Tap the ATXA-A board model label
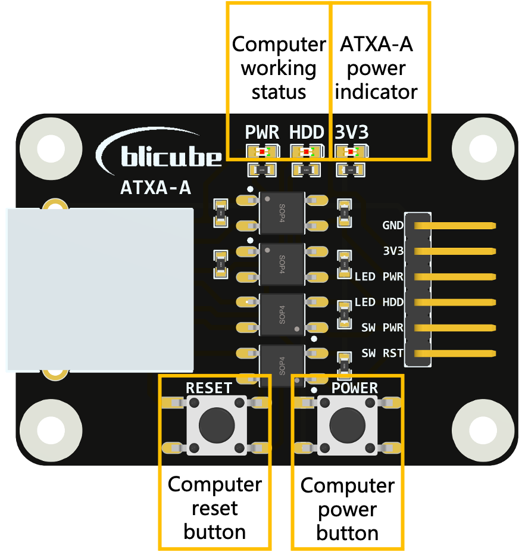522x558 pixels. (x=155, y=188)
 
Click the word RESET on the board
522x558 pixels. (x=209, y=388)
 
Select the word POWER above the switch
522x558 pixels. (x=355, y=388)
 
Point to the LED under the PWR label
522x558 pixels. (x=262, y=152)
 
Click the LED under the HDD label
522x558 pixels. (x=306, y=152)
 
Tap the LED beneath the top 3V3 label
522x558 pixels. (x=351, y=152)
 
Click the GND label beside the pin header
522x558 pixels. (x=393, y=226)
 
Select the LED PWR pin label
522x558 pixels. (x=379, y=277)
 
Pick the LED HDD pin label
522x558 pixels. (x=379, y=303)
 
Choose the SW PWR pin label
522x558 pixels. (x=382, y=328)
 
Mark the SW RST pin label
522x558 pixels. (x=382, y=354)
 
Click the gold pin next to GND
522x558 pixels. (x=455, y=226)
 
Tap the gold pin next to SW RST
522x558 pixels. (x=455, y=354)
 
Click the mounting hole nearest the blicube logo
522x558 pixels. (x=51, y=148)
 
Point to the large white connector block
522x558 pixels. (x=100, y=289)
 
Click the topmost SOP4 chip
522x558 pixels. (x=282, y=213)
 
